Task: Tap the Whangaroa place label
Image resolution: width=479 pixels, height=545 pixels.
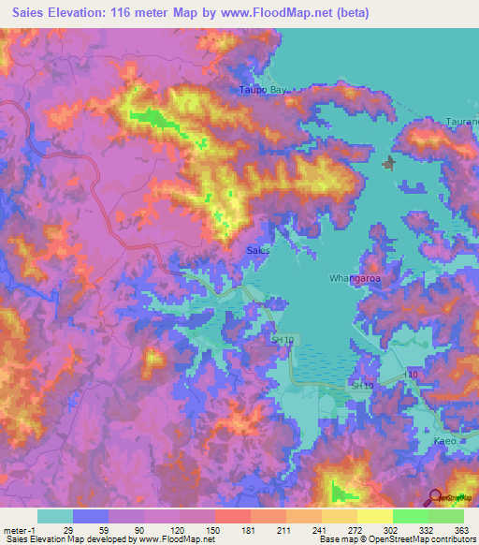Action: (352, 278)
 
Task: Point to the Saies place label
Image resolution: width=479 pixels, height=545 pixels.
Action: (258, 251)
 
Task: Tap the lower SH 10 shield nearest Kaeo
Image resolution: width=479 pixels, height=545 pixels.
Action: (362, 385)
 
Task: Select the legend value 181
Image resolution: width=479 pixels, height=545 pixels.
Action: (247, 530)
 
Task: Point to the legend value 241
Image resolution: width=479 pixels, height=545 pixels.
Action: (318, 530)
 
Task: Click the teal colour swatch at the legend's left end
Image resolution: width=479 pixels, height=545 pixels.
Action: (55, 516)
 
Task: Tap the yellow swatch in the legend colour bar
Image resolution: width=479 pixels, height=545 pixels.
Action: (374, 516)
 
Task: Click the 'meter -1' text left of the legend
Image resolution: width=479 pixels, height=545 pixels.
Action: (20, 530)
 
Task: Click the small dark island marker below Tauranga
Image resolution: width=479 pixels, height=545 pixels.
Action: (389, 163)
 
